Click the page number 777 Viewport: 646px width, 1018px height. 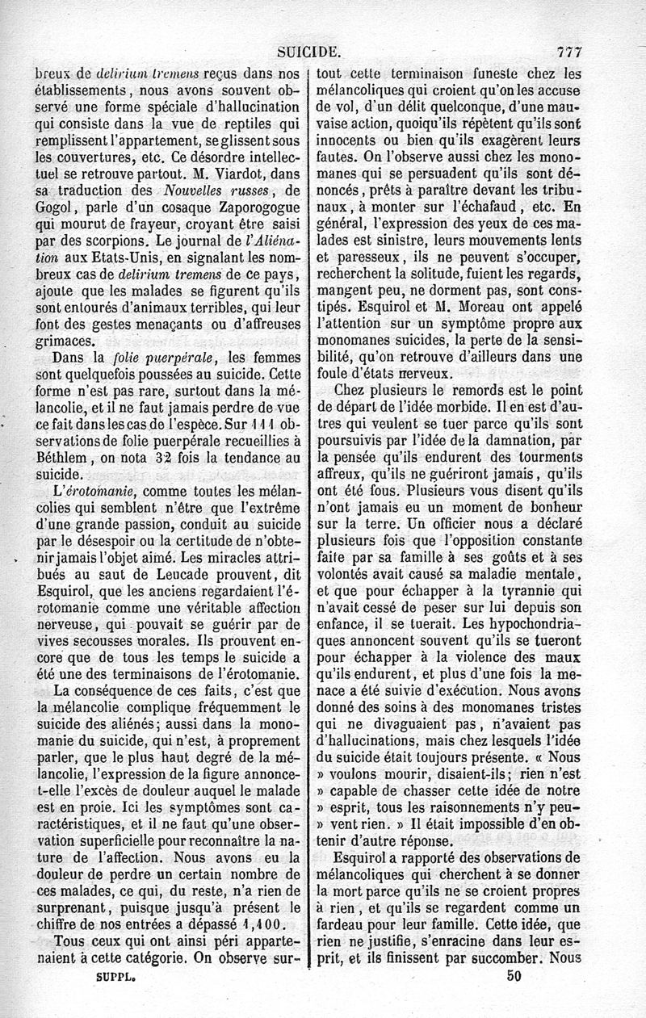click(568, 53)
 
